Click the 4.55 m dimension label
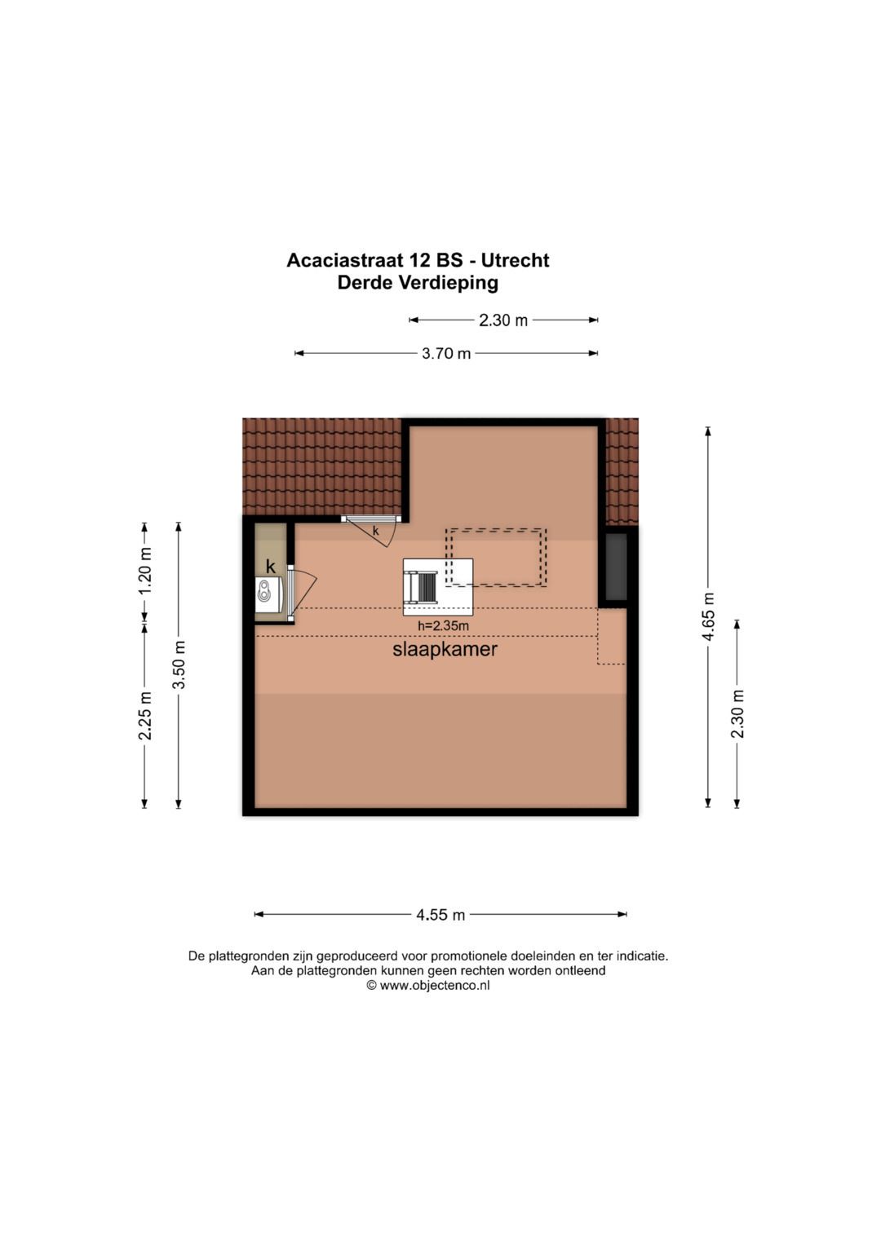[440, 915]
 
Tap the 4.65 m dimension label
[708, 616]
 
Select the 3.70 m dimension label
[446, 354]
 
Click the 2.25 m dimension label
[145, 715]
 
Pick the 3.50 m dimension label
[179, 664]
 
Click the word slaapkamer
[445, 650]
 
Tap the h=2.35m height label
[443, 626]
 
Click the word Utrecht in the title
[515, 261]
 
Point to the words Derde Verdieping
[418, 283]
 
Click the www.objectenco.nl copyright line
[428, 986]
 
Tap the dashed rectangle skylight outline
[496, 557]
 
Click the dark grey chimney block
[616, 567]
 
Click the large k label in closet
[271, 567]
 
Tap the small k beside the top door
[376, 532]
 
